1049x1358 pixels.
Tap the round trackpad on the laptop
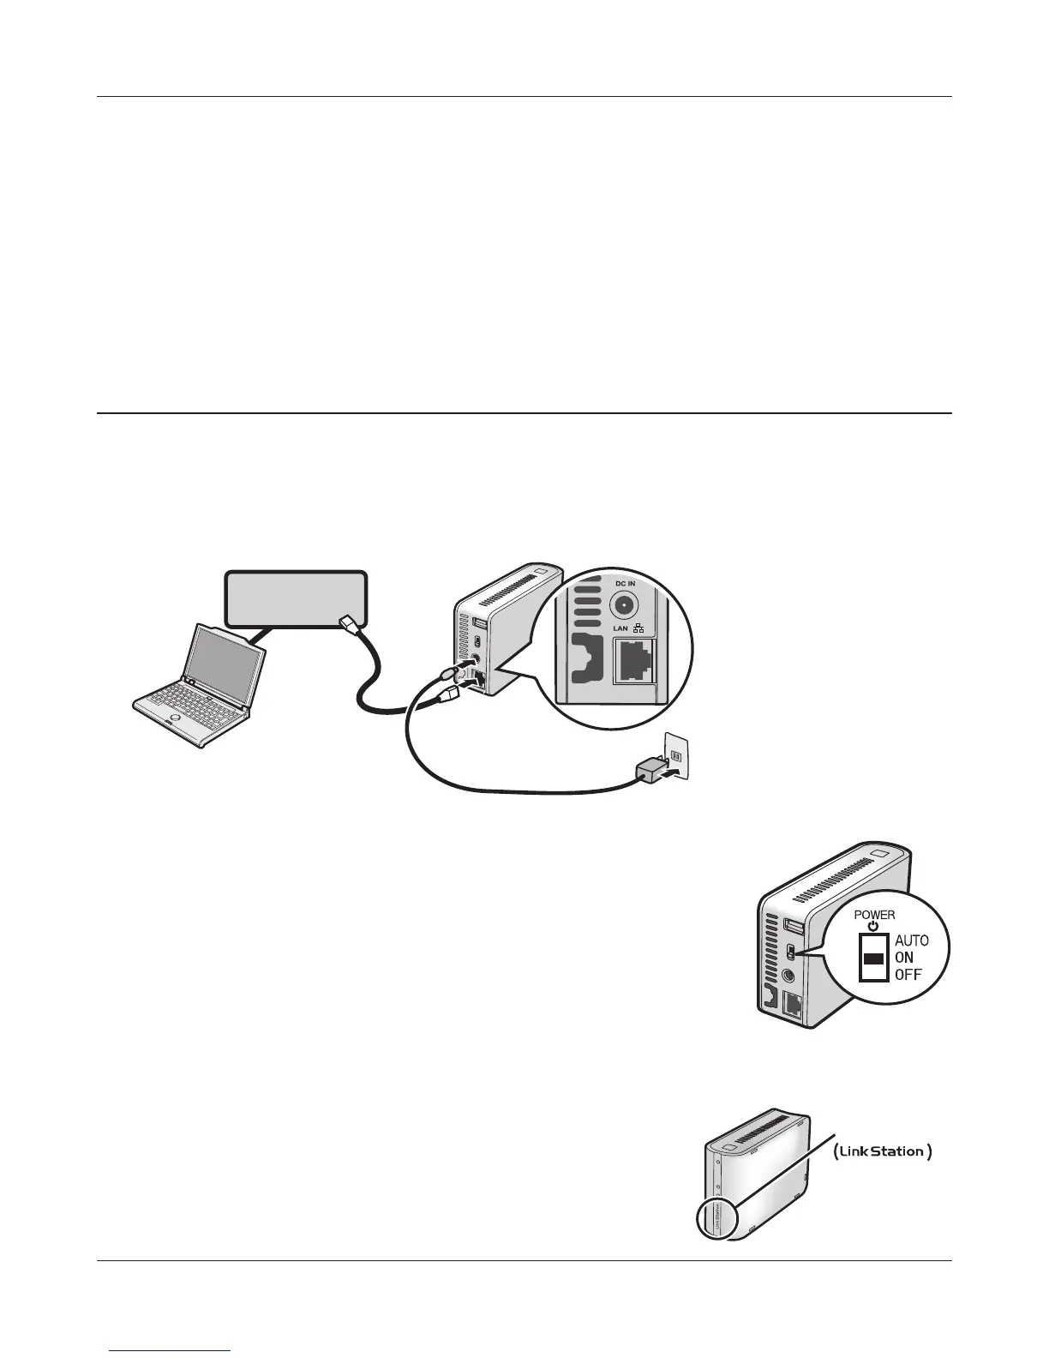(176, 717)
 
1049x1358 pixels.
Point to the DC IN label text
(626, 584)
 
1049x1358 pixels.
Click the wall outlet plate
(678, 755)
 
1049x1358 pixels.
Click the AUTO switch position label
(911, 940)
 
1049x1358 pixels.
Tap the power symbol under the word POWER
(873, 926)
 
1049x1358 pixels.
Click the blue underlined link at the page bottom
(171, 1351)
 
